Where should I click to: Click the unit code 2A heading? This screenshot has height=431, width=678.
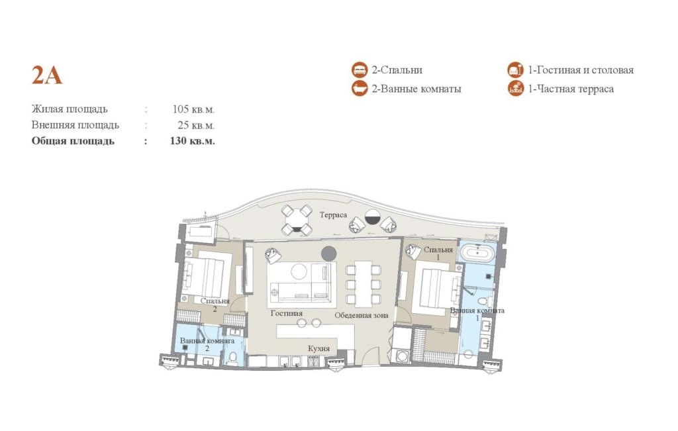(x=47, y=75)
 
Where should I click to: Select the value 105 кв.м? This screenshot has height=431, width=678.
(x=193, y=109)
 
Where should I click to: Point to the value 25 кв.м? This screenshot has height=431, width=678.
(x=196, y=125)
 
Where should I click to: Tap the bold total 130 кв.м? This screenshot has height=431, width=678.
(x=193, y=141)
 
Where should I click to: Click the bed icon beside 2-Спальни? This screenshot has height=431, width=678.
(x=360, y=70)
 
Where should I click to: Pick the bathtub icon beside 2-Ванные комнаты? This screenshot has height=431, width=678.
(x=360, y=89)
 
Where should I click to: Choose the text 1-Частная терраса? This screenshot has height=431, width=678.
(x=570, y=89)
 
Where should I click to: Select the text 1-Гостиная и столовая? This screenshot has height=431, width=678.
(x=580, y=70)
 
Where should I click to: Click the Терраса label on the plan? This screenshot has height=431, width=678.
(x=333, y=215)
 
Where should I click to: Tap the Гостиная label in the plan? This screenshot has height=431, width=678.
(x=286, y=313)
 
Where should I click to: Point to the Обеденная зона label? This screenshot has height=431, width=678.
(x=361, y=315)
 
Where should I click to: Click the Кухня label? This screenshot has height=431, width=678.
(x=318, y=348)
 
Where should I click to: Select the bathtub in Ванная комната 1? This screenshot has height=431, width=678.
(x=476, y=253)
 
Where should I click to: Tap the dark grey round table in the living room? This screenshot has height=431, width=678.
(x=328, y=254)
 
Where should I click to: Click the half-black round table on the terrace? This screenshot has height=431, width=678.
(x=372, y=217)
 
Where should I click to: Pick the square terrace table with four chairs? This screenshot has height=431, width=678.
(x=297, y=220)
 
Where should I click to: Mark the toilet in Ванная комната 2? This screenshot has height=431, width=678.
(x=233, y=358)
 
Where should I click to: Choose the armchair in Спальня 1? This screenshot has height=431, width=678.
(x=413, y=252)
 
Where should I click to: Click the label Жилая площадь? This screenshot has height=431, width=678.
(x=69, y=109)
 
